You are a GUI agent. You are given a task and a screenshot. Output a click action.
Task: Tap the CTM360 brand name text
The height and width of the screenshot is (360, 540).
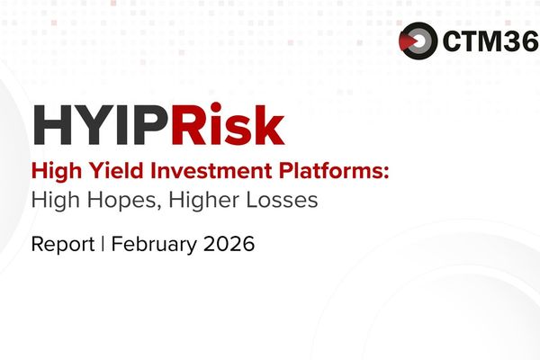(485, 40)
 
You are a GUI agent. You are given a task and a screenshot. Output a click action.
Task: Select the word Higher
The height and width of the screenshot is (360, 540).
(192, 201)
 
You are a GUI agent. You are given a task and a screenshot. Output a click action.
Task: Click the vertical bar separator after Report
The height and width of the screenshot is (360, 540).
(102, 244)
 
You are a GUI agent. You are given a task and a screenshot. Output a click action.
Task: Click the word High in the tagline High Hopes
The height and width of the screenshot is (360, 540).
(51, 201)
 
